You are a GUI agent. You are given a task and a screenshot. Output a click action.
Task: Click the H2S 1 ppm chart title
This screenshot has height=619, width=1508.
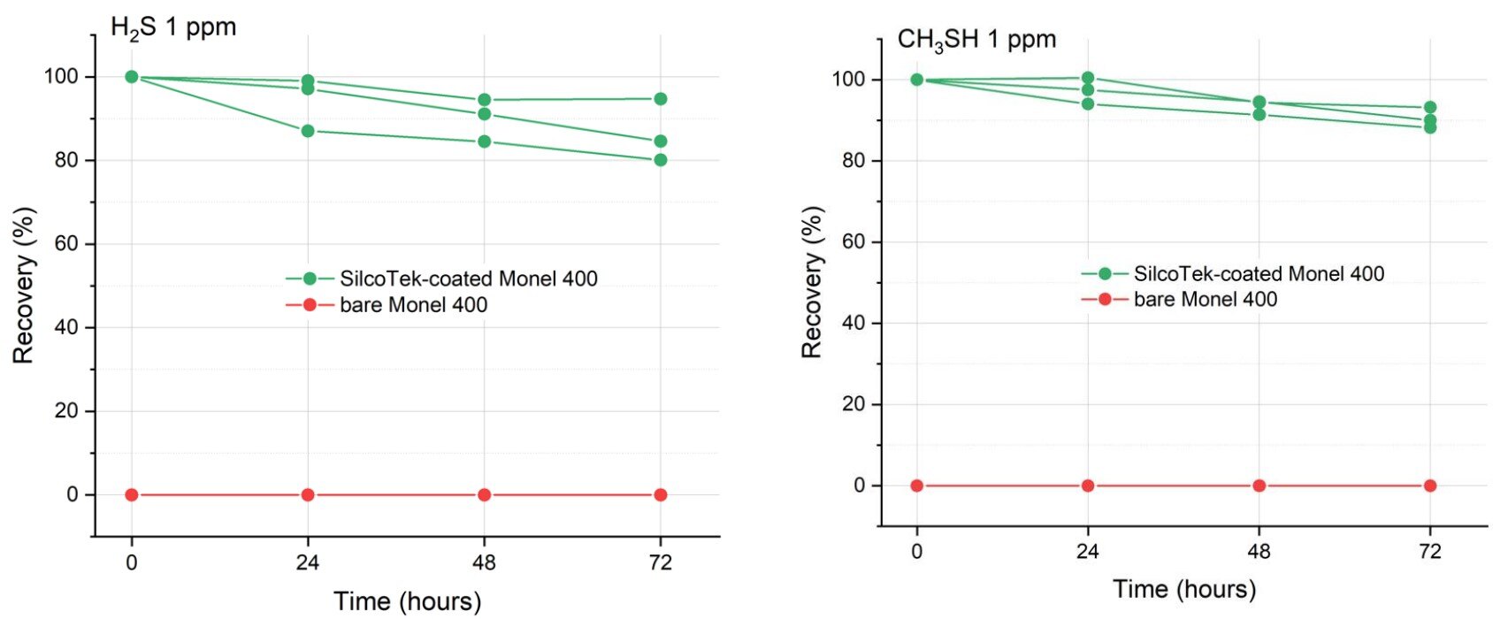173,27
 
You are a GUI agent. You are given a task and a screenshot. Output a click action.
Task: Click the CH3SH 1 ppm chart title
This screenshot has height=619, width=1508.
976,40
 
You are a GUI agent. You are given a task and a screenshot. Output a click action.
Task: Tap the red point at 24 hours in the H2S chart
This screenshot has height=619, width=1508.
308,495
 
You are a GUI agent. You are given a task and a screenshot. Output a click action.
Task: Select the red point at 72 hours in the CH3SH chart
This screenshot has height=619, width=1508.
1430,485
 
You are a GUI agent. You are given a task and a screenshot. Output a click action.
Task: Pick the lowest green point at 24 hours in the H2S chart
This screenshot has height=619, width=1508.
308,131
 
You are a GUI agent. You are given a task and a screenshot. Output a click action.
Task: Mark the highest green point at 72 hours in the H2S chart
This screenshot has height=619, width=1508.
661,99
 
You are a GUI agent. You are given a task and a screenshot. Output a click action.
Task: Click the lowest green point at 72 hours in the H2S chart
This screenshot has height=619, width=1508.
661,160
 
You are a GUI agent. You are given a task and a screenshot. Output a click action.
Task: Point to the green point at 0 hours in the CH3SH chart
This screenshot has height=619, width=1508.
917,80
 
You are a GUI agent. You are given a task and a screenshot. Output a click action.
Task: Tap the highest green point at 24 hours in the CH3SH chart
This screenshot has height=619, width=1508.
1088,78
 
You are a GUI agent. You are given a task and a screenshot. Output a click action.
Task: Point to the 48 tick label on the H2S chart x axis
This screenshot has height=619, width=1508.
484,563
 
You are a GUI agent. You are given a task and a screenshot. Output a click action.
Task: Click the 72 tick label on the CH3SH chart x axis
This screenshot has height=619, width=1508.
1430,552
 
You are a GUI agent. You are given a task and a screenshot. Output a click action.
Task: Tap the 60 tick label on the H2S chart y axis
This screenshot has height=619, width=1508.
66,244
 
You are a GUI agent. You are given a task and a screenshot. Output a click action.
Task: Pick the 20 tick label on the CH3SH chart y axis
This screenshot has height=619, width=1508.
854,405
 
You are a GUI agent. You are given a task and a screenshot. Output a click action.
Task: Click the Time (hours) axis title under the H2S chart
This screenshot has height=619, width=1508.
408,601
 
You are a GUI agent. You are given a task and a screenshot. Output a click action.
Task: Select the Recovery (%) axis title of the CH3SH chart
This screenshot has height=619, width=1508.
812,282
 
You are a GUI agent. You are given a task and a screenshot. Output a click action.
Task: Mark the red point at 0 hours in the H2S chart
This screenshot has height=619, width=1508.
132,495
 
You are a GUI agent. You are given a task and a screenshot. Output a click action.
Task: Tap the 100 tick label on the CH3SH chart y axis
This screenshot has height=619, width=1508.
848,80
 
